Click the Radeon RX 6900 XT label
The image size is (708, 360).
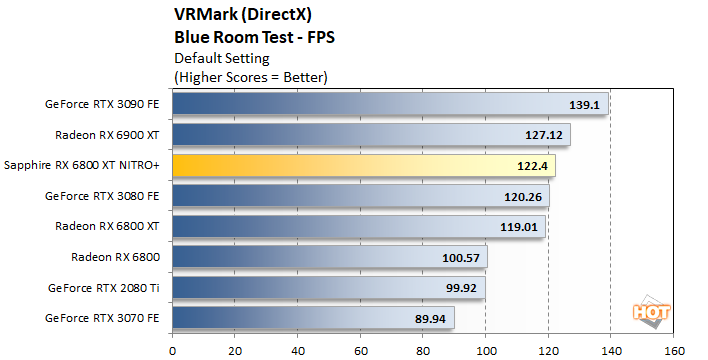(111, 134)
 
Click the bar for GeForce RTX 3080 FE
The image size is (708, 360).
(360, 196)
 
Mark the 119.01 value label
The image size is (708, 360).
(518, 226)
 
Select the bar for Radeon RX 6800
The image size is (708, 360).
(329, 257)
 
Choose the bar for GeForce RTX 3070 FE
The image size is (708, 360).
(313, 318)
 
